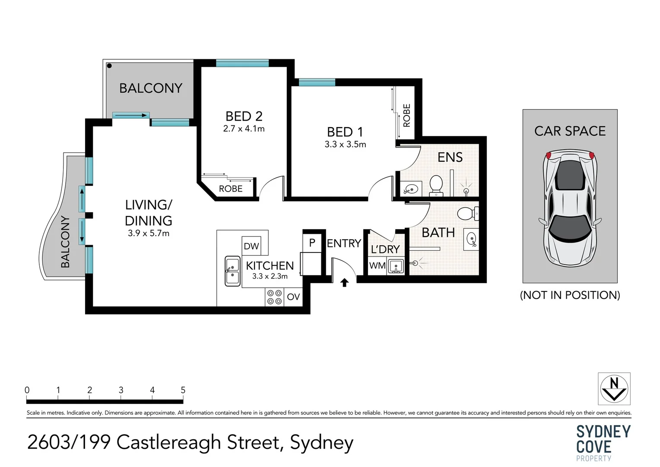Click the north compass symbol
pyautogui.click(x=614, y=389)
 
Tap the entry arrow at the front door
pyautogui.click(x=344, y=282)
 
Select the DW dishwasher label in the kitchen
pyautogui.click(x=251, y=246)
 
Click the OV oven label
pyautogui.click(x=293, y=297)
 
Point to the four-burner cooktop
pyautogui.click(x=274, y=297)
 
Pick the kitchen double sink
pyautogui.click(x=232, y=271)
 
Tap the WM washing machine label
pyautogui.click(x=378, y=265)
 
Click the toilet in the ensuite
pyautogui.click(x=436, y=186)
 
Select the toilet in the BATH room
pyautogui.click(x=468, y=213)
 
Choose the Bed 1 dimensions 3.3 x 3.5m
pyautogui.click(x=345, y=144)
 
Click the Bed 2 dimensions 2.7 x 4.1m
pyautogui.click(x=244, y=129)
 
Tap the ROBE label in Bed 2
pyautogui.click(x=231, y=189)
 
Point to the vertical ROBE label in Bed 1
pyautogui.click(x=406, y=115)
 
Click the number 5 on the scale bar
pyautogui.click(x=183, y=390)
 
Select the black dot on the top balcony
pyautogui.click(x=109, y=66)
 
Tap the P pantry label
pyautogui.click(x=312, y=243)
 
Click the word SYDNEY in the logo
pyautogui.click(x=603, y=432)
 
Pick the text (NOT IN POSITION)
pyautogui.click(x=570, y=295)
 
